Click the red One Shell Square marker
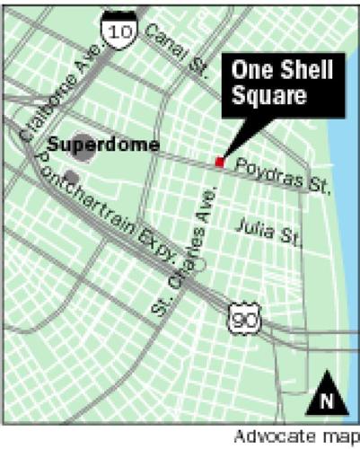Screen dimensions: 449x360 tap(218, 162)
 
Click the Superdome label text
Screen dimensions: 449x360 tap(116, 144)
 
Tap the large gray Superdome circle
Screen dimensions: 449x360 tap(83, 148)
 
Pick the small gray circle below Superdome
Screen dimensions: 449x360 tap(70, 175)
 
